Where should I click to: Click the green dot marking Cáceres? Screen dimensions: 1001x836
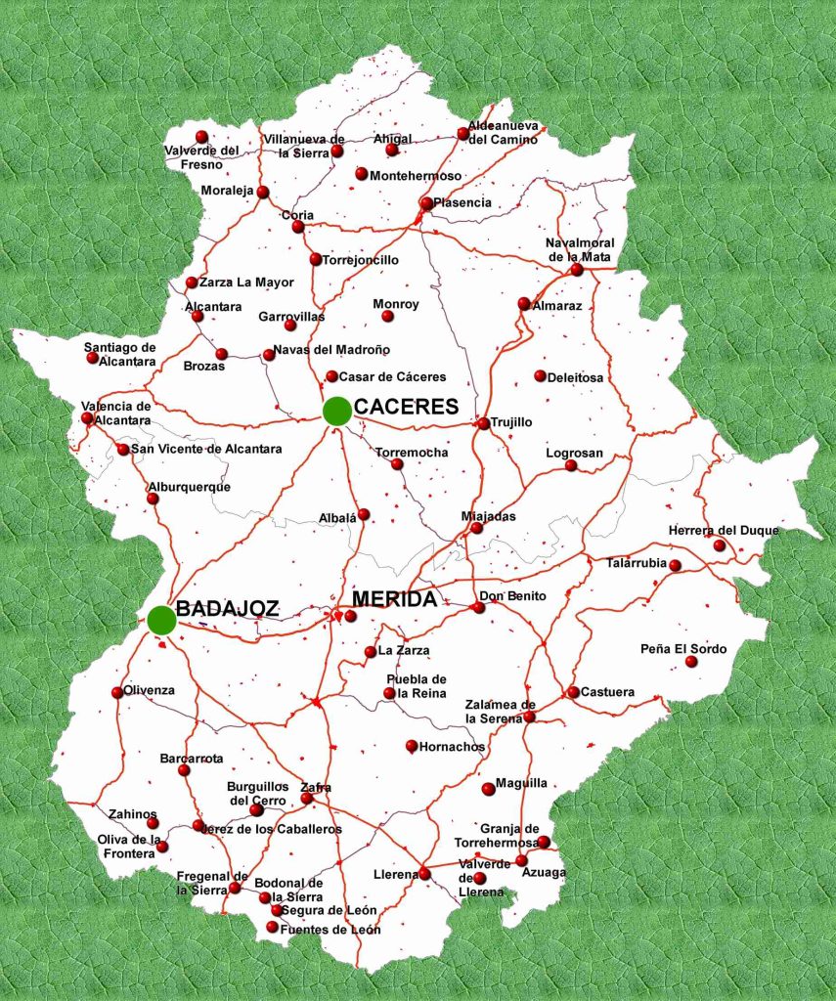tap(337, 412)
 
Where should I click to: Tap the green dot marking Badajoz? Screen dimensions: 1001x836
tap(162, 619)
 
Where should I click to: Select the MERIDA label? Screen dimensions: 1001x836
tap(393, 599)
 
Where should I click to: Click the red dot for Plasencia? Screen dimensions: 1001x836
tap(425, 203)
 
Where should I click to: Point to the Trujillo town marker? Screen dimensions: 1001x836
tap(483, 423)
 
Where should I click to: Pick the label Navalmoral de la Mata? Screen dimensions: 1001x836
tap(578, 249)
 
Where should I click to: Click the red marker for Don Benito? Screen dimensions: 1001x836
tap(478, 608)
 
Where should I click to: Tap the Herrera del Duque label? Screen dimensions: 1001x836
tap(724, 531)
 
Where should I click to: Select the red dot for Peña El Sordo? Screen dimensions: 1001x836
tap(691, 662)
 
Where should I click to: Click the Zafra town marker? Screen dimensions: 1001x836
tap(306, 799)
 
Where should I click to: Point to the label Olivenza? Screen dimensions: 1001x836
tap(150, 690)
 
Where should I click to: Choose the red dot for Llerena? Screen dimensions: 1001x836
tap(424, 874)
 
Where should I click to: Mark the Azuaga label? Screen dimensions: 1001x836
tap(544, 872)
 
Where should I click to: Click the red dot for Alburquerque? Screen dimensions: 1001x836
tap(153, 499)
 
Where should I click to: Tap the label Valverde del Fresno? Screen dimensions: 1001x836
tap(201, 157)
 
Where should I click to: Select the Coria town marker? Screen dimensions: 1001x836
tap(298, 227)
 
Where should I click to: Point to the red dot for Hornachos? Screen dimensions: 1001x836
tap(412, 746)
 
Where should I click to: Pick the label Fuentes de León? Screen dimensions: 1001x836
tap(330, 929)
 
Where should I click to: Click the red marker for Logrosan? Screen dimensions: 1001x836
tap(571, 465)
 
